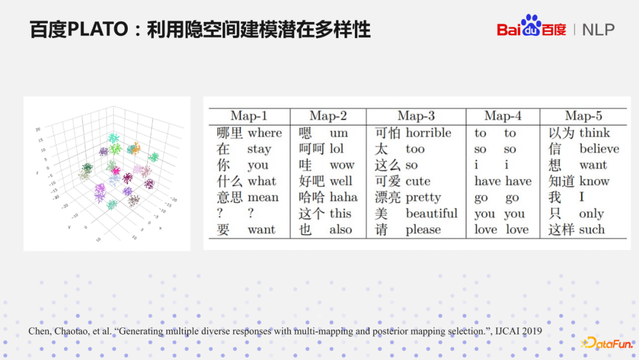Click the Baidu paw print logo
pyautogui.click(x=531, y=25)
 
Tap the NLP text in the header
pyautogui.click(x=598, y=30)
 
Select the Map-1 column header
pyautogui.click(x=248, y=116)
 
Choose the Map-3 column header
pyautogui.click(x=416, y=116)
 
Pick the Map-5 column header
pyautogui.click(x=583, y=116)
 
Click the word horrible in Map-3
pyautogui.click(x=428, y=133)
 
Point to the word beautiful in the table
pyautogui.click(x=431, y=214)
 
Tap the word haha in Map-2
pyautogui.click(x=343, y=198)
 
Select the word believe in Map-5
pyautogui.click(x=599, y=149)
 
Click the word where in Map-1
pyautogui.click(x=264, y=133)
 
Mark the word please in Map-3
pyautogui.click(x=423, y=230)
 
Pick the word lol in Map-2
pyautogui.click(x=336, y=149)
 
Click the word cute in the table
pyautogui.click(x=418, y=182)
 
